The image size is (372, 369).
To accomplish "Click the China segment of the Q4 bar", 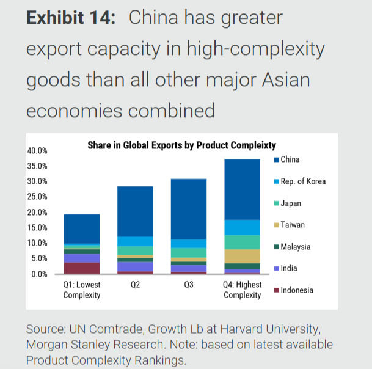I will pyautogui.click(x=243, y=189).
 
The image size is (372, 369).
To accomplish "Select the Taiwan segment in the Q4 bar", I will pyautogui.click(x=243, y=256).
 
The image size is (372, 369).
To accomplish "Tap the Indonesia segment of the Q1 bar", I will pyautogui.click(x=82, y=268).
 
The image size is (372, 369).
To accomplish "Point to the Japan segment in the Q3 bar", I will pyautogui.click(x=189, y=252).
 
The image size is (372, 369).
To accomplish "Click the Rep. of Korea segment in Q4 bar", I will pyautogui.click(x=243, y=227).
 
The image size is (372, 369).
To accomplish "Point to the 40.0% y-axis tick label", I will pyautogui.click(x=38, y=151).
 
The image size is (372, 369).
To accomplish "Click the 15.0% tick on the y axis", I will pyautogui.click(x=38, y=228).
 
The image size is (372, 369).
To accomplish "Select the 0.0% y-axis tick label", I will pyautogui.click(x=40, y=274).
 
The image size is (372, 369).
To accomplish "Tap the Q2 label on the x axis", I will pyautogui.click(x=136, y=285).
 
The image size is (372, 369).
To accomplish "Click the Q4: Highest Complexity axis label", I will pyautogui.click(x=243, y=290).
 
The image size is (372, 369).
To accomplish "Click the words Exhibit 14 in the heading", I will pyautogui.click(x=71, y=18).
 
